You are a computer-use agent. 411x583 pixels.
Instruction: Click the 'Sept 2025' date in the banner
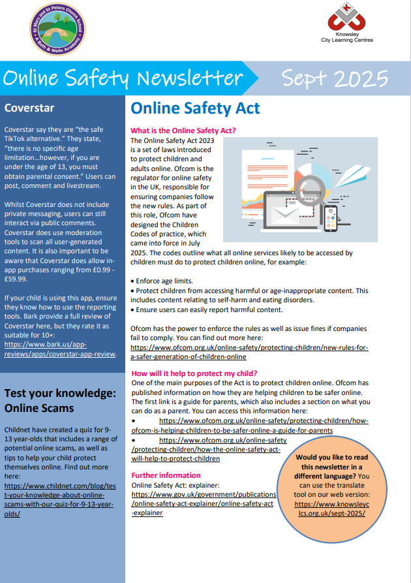coord(335,79)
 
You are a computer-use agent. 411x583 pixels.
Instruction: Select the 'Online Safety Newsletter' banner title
coord(123,79)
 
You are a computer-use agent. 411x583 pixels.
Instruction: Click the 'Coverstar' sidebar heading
coord(29,108)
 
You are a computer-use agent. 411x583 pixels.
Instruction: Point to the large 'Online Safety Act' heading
coord(195,108)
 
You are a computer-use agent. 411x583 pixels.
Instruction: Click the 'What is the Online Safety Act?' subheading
coord(183,131)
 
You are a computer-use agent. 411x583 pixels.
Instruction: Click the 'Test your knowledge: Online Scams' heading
coord(60,400)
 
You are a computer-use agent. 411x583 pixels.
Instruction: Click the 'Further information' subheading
coord(166,475)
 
